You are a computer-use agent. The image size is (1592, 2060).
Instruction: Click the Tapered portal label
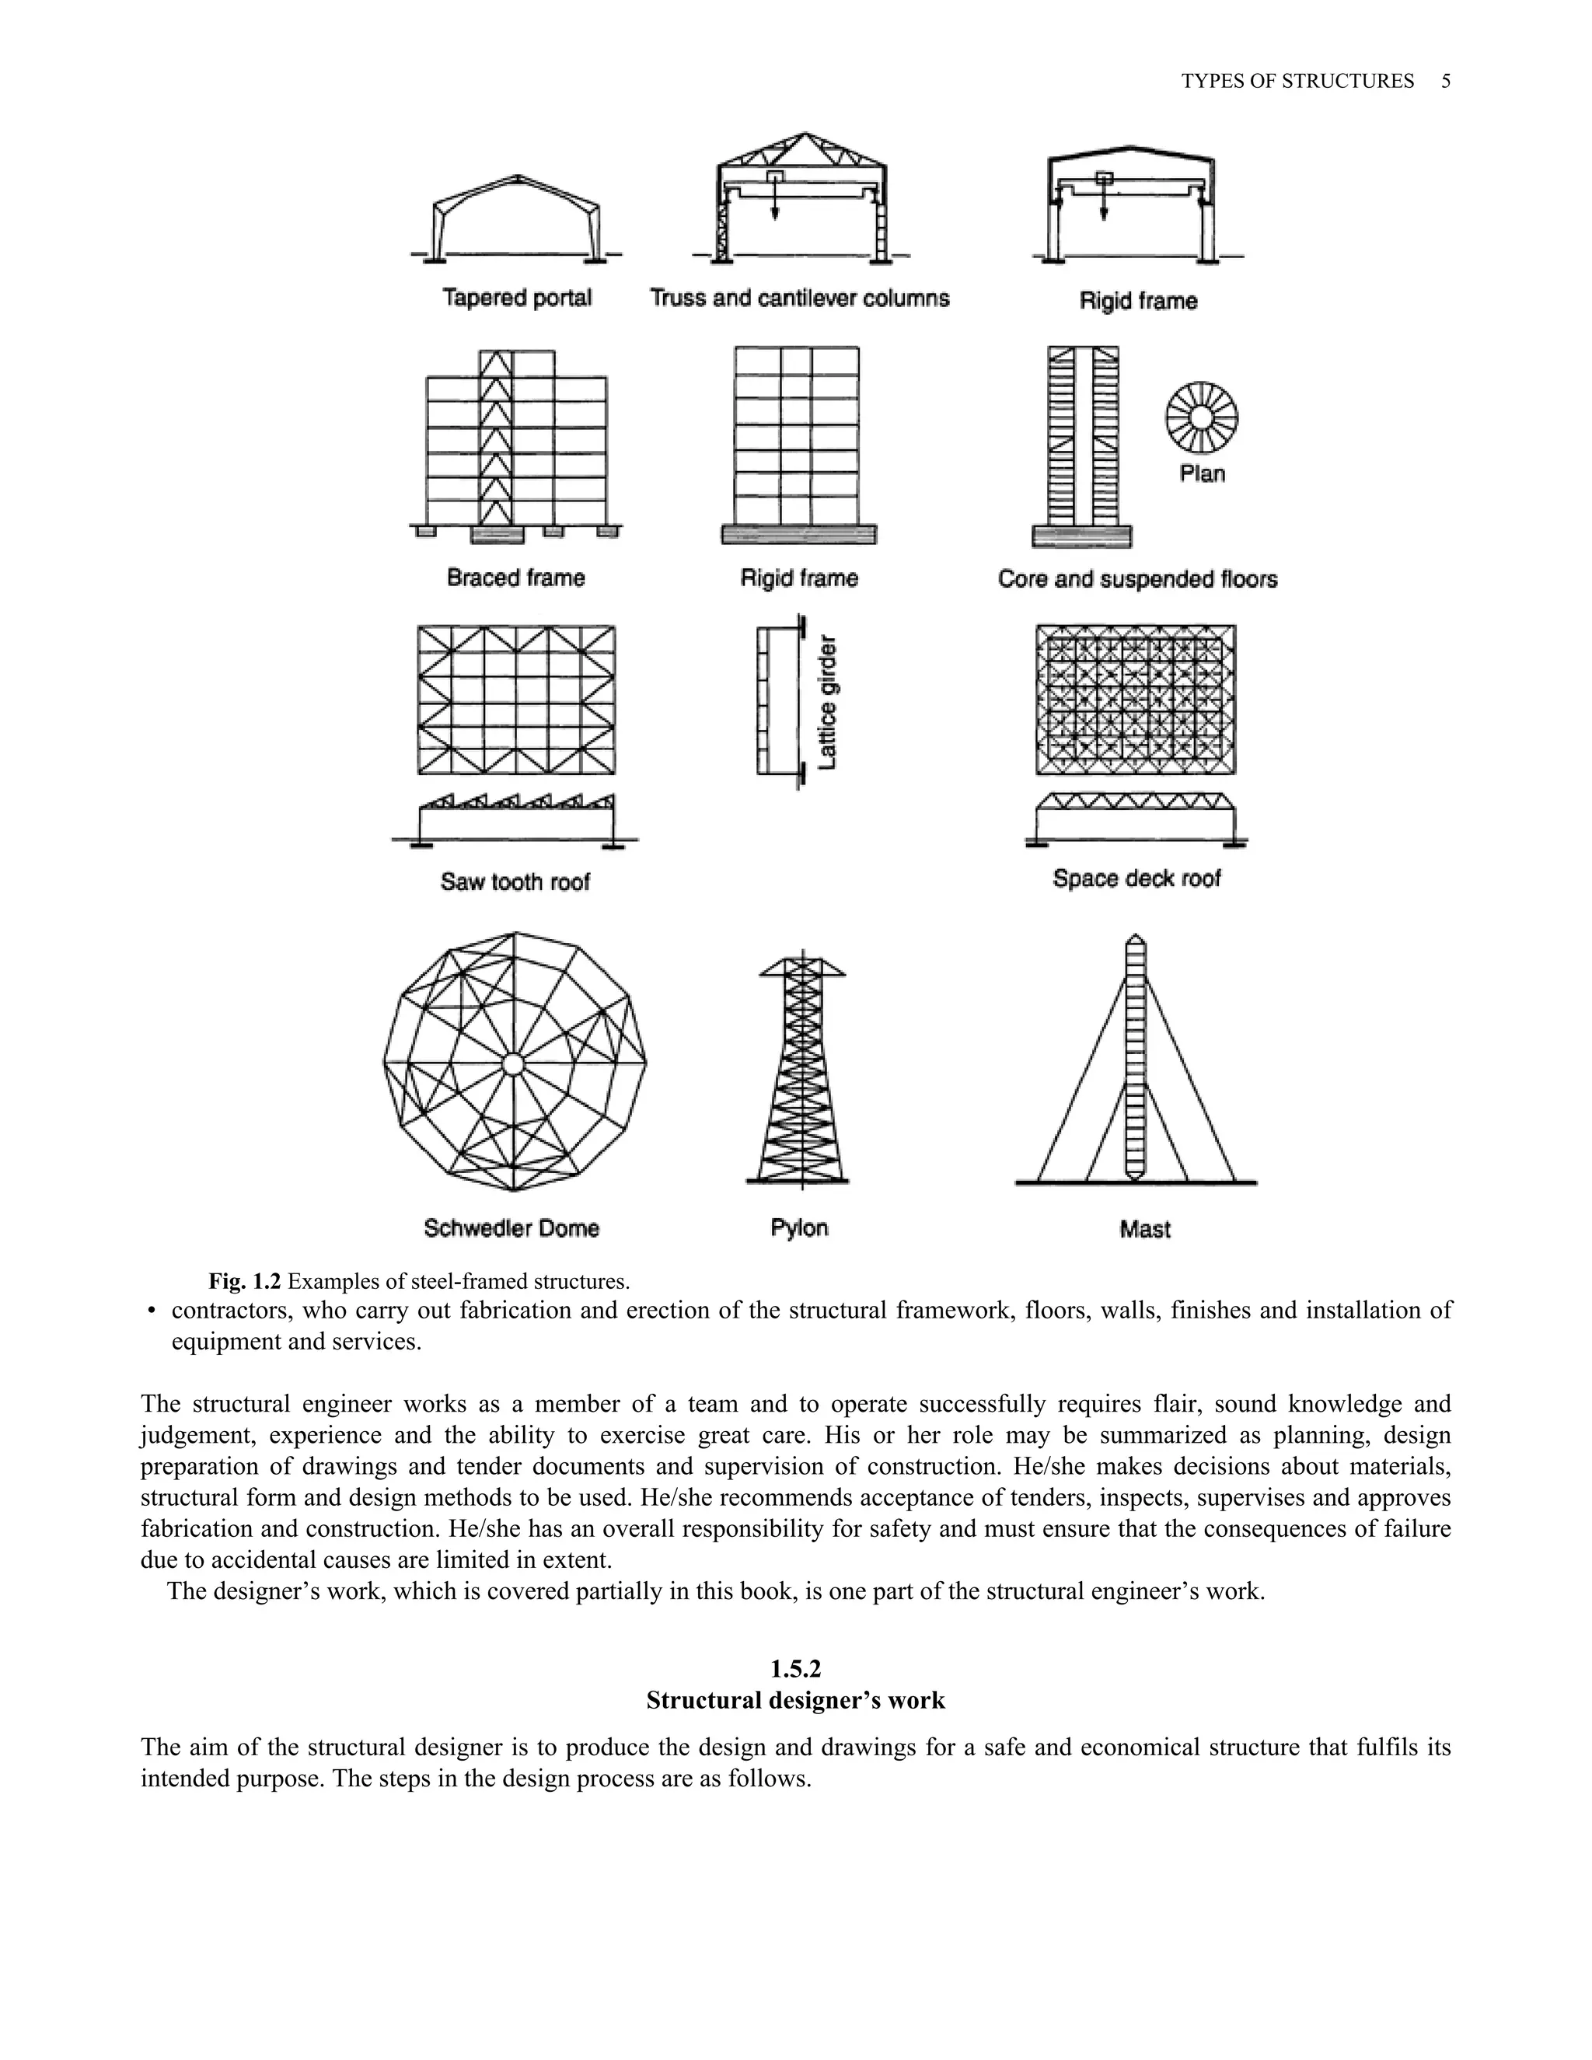click(517, 298)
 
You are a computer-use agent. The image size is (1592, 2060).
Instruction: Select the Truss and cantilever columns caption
click(800, 298)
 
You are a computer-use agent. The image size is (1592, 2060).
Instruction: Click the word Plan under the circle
click(1202, 473)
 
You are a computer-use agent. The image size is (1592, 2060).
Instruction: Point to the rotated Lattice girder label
click(828, 703)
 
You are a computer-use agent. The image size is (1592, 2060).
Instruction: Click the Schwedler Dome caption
click(511, 1228)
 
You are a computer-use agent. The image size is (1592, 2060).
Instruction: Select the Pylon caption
click(799, 1228)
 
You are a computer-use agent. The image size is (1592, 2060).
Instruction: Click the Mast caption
click(1145, 1229)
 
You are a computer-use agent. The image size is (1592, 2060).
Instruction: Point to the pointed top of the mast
click(1136, 937)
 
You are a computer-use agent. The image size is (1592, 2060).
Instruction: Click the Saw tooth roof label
click(515, 882)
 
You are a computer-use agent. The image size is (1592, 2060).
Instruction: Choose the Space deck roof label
click(1136, 878)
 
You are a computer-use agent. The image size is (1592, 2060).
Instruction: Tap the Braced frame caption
click(516, 578)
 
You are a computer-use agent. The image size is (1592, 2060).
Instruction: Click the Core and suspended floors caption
click(1137, 578)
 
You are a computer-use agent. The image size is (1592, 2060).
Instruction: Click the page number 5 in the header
click(1446, 81)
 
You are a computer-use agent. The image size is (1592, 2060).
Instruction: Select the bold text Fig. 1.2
click(244, 1281)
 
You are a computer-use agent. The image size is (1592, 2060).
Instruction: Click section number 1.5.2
click(795, 1670)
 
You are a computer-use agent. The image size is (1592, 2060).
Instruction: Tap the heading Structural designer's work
click(795, 1701)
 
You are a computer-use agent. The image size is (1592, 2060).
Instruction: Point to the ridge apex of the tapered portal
click(518, 177)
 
